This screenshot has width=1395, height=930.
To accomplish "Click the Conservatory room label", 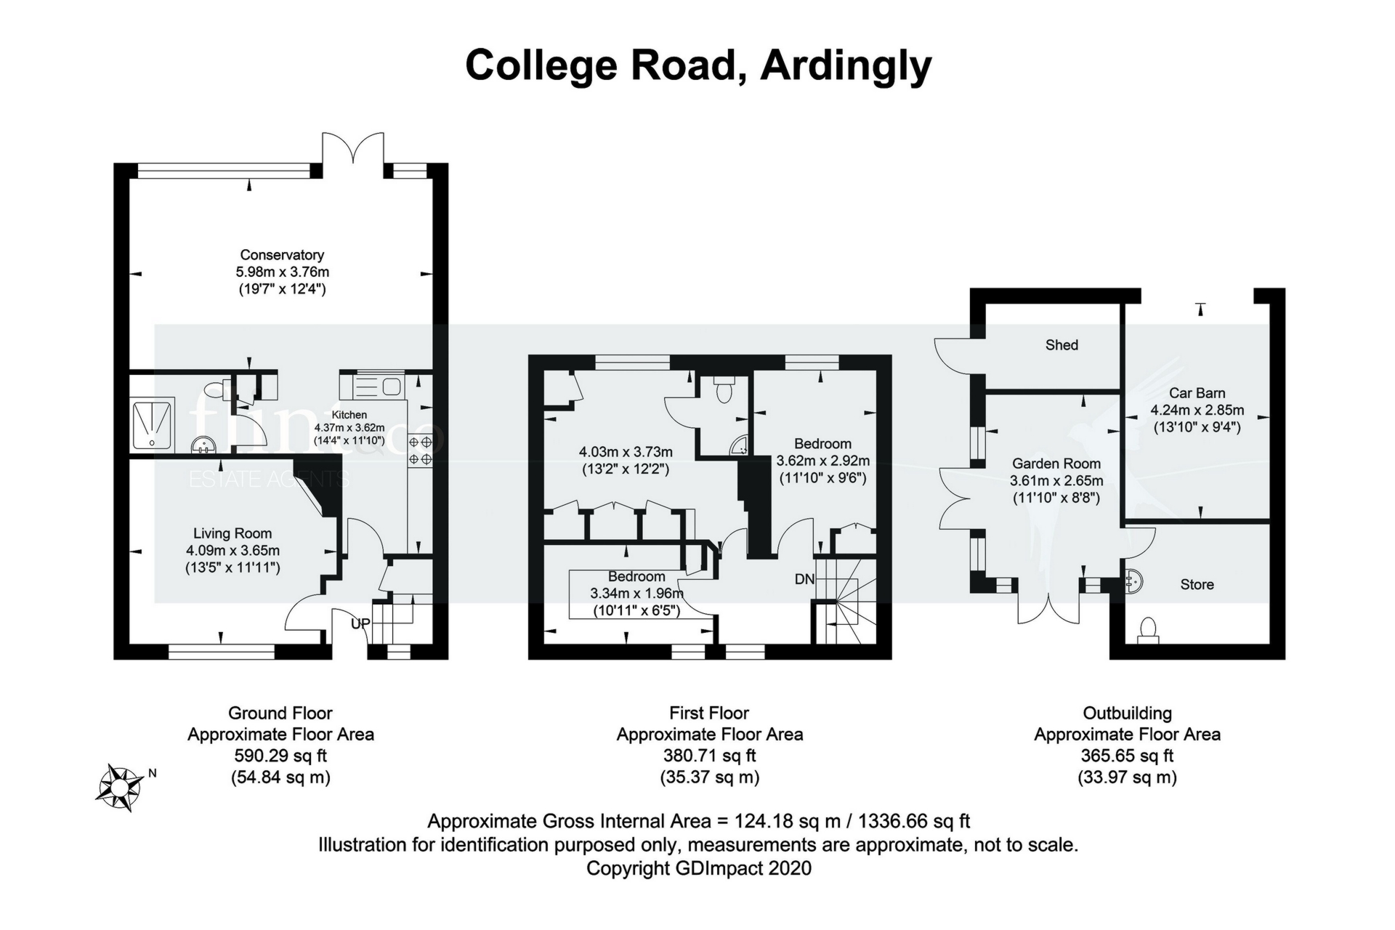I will (282, 255).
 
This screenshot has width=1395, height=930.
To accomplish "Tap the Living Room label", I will (232, 533).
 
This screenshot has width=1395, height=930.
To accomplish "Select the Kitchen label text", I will (349, 415).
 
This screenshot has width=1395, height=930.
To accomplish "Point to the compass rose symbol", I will (120, 787).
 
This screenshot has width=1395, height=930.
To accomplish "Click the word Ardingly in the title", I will (846, 65).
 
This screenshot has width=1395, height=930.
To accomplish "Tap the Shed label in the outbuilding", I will (1062, 345).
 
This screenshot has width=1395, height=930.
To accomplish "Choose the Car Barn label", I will (1197, 393).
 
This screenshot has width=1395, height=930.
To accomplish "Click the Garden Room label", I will (1056, 464).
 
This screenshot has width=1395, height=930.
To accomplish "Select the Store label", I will (1197, 584).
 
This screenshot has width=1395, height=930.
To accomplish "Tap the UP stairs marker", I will (360, 623).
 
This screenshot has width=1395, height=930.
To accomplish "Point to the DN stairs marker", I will (804, 579).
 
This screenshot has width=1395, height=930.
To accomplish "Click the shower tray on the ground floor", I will (153, 424).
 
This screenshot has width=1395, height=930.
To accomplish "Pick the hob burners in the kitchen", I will (421, 450).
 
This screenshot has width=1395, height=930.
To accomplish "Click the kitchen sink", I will (377, 386).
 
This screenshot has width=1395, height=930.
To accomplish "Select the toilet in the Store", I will (1148, 629).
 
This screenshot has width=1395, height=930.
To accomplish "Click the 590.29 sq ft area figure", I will (280, 756).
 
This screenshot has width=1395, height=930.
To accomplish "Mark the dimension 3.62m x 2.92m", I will (822, 461).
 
